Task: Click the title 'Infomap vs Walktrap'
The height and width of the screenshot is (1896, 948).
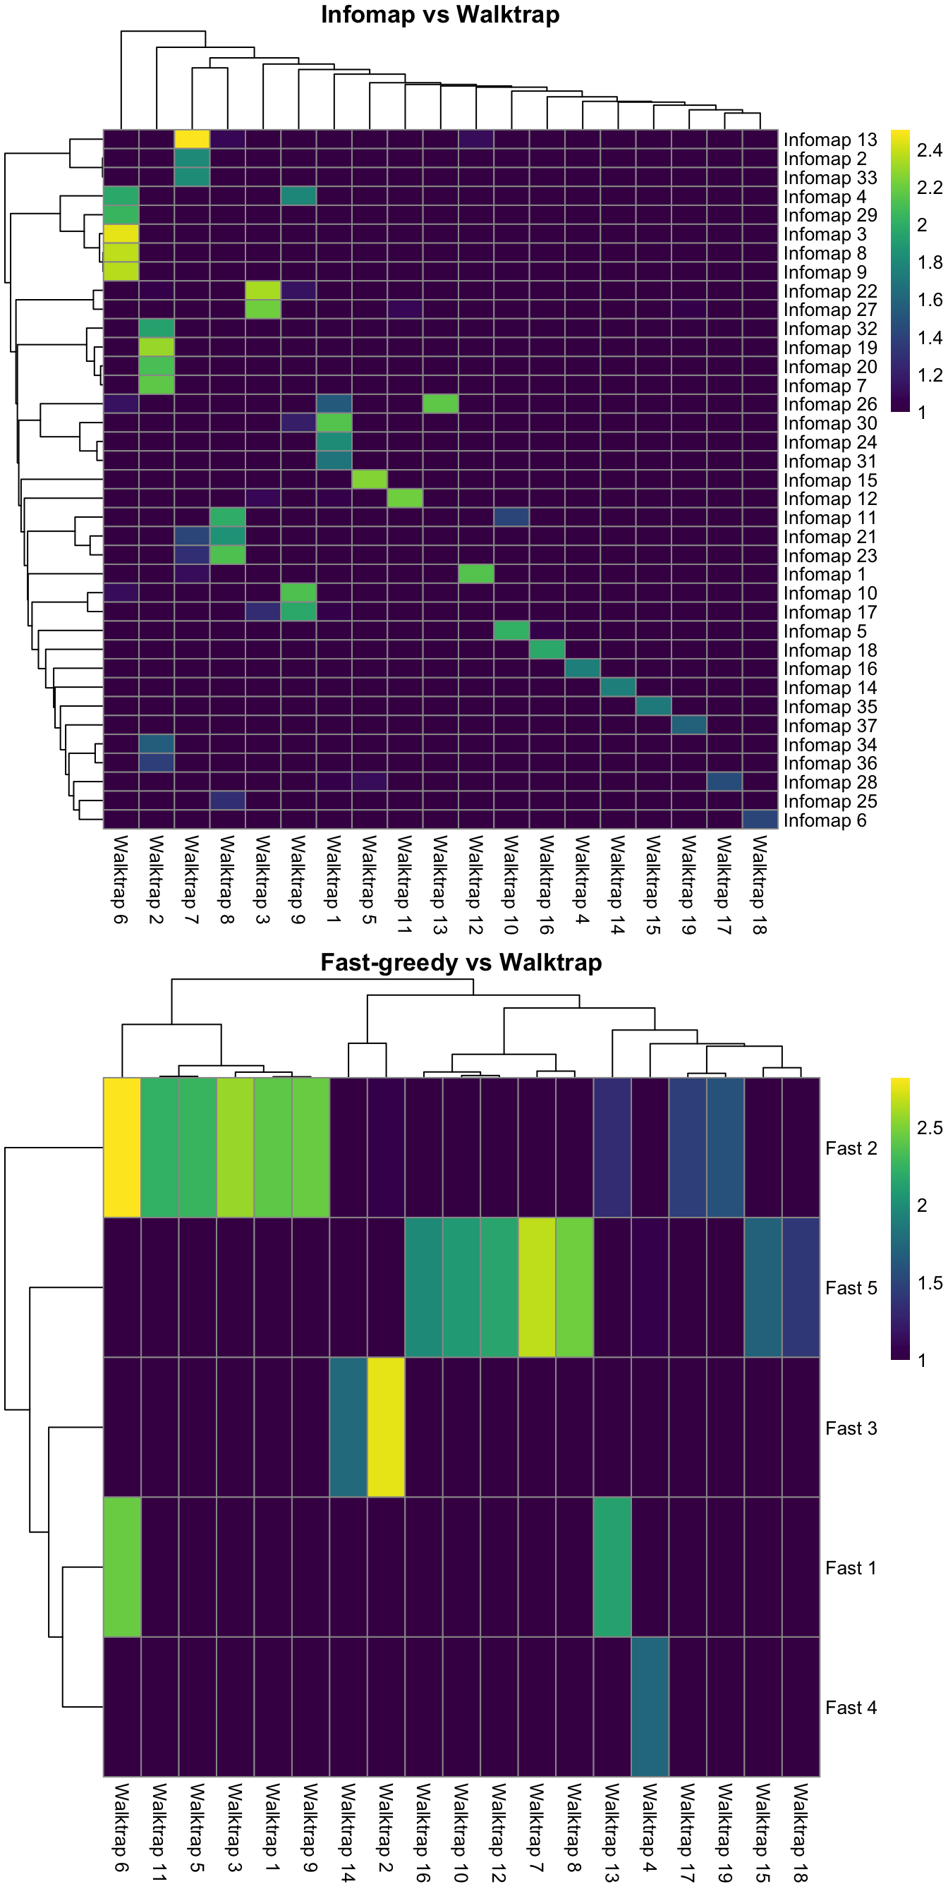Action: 440,15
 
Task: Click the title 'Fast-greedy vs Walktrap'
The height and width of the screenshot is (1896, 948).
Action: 461,963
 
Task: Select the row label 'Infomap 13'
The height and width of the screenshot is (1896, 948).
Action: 829,140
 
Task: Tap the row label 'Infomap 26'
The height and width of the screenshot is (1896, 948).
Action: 829,404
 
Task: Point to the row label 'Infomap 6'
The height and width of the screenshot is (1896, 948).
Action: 825,820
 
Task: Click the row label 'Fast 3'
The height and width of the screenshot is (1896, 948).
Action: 851,1428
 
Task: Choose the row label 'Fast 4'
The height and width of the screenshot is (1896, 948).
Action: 851,1708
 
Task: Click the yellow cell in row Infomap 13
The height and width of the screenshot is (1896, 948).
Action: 192,139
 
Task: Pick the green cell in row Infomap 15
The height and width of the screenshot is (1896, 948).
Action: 370,480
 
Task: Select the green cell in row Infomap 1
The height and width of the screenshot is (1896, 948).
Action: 476,574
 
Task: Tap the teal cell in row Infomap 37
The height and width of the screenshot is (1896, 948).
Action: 689,726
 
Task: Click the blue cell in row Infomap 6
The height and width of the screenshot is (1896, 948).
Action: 760,820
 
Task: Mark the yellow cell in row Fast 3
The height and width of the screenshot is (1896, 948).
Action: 386,1427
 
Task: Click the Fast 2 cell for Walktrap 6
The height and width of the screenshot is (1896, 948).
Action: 122,1148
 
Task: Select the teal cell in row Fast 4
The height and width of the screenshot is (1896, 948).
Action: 650,1707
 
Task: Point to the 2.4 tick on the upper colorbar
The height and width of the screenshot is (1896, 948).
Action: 929,151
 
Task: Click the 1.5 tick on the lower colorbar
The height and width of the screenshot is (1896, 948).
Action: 929,1284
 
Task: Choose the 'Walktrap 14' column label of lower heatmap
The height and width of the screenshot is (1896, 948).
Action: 348,1833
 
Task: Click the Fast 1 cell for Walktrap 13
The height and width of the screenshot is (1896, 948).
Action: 612,1567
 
